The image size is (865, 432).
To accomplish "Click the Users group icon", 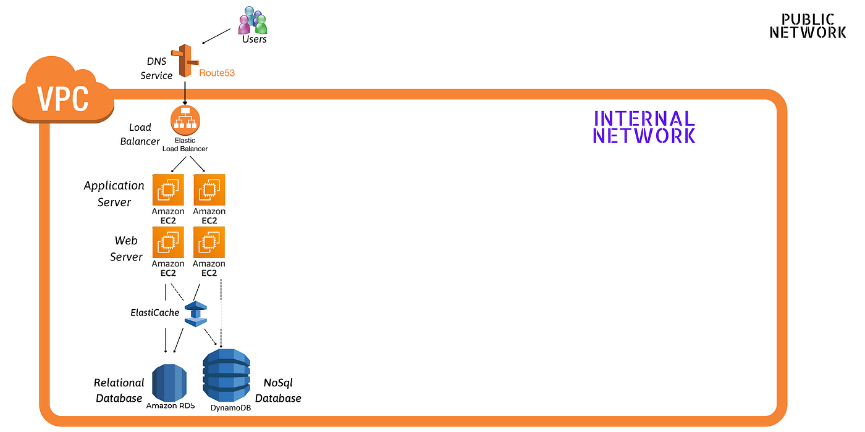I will tap(253, 20).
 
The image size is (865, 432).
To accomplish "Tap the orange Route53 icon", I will tap(184, 60).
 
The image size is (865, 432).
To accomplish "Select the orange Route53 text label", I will tap(217, 73).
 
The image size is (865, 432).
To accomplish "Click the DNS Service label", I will tap(156, 68).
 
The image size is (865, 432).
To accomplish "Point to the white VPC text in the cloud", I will tap(62, 98).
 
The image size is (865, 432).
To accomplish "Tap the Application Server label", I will tap(114, 193).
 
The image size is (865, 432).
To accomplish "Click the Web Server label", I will tap(126, 248).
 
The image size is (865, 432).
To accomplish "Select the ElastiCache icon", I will tap(196, 314).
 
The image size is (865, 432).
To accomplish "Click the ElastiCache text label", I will tap(155, 313).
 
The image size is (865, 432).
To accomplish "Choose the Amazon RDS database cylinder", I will tap(169, 383).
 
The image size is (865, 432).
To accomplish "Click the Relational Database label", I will tap(119, 391).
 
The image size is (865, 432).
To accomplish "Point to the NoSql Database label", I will tap(278, 391).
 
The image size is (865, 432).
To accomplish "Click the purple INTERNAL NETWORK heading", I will tap(644, 127).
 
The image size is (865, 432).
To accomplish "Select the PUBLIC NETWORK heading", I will tap(808, 26).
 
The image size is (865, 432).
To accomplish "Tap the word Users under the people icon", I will tap(254, 39).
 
